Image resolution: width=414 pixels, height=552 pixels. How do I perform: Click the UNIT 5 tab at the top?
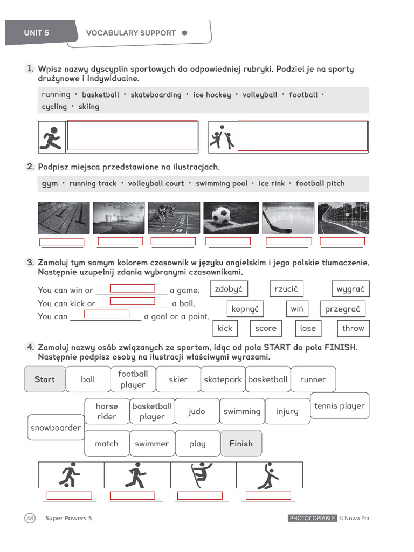click(x=37, y=33)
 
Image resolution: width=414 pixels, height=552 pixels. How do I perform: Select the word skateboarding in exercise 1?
click(x=156, y=95)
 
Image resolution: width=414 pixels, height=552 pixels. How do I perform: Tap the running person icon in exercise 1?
click(x=52, y=137)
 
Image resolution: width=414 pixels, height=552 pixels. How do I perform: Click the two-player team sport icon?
click(x=222, y=137)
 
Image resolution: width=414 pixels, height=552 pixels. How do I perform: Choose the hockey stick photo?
click(x=287, y=218)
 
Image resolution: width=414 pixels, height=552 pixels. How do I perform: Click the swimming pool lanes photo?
click(x=64, y=218)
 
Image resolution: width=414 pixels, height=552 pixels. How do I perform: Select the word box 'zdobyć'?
click(x=229, y=289)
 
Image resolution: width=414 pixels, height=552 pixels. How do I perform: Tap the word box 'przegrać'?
click(x=342, y=309)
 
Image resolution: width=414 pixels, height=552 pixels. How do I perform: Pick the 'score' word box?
click(x=266, y=328)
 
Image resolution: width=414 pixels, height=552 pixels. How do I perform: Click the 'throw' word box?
click(x=353, y=328)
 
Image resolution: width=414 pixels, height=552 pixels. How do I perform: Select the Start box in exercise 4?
click(x=45, y=379)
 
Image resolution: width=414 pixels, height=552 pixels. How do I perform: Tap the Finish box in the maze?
click(x=241, y=444)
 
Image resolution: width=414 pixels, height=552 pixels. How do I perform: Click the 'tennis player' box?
click(x=339, y=406)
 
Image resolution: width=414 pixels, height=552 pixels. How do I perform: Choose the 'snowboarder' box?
click(x=56, y=428)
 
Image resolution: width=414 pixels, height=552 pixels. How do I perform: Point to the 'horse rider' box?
click(x=107, y=411)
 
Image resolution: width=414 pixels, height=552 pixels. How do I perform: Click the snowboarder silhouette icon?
click(x=203, y=475)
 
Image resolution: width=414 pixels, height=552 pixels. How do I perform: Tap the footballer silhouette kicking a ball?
click(x=70, y=475)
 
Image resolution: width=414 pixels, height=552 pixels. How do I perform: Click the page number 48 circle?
click(x=30, y=518)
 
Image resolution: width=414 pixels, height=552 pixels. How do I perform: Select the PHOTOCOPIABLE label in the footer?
click(x=312, y=519)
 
